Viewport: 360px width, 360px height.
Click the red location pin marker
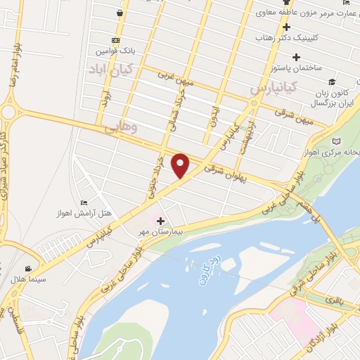point(181,165)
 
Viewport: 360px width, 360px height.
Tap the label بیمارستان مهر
point(161,231)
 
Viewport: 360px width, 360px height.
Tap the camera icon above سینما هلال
point(27,269)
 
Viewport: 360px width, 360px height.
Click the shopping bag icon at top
point(120,11)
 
